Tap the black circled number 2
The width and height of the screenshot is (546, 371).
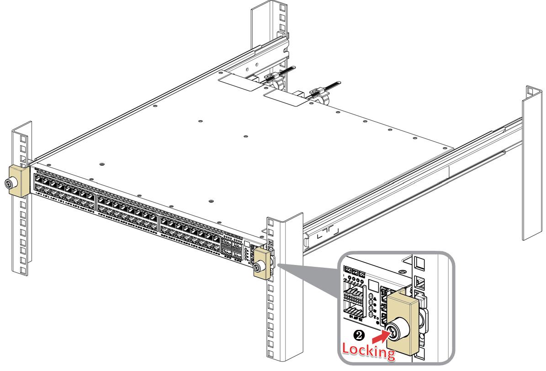[359, 335]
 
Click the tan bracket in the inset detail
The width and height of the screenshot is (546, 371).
[402, 315]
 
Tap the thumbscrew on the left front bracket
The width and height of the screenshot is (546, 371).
[9, 184]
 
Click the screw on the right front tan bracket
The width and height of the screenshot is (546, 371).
[259, 267]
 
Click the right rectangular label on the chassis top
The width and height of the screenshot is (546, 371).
[286, 98]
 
